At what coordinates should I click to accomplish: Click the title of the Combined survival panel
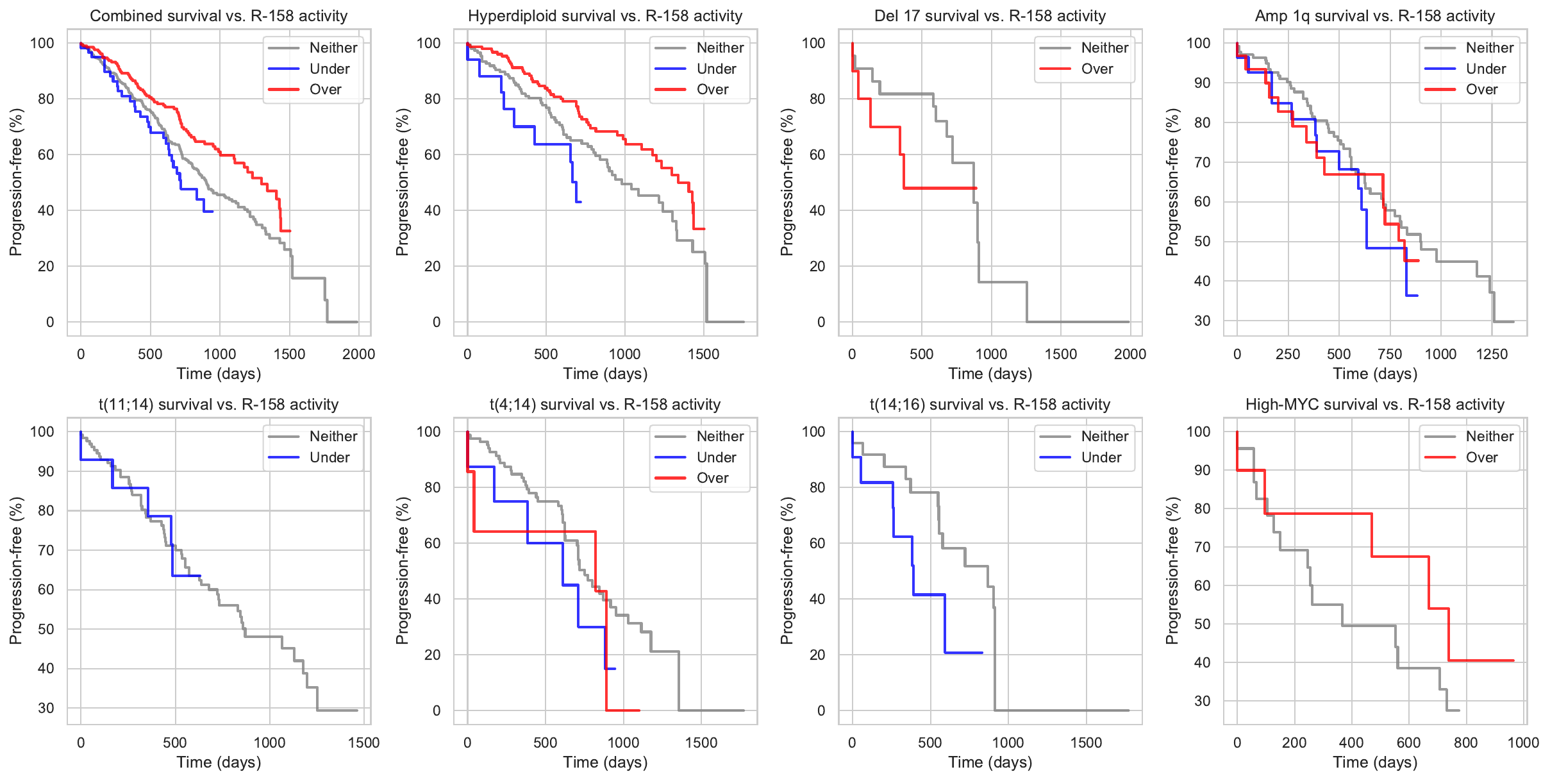(219, 16)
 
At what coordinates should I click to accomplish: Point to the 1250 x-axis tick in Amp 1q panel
(1492, 354)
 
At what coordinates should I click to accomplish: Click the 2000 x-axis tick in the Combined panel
(358, 354)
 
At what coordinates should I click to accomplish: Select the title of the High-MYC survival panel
(1375, 405)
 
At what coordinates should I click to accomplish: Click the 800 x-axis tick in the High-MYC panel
(1466, 743)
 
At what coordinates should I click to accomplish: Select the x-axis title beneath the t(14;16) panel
(990, 762)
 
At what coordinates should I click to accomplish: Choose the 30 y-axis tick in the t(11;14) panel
(46, 708)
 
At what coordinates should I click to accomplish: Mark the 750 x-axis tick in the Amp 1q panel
(1390, 354)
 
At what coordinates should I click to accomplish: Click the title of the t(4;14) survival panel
(605, 405)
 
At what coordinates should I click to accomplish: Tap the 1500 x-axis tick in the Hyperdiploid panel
(703, 354)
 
